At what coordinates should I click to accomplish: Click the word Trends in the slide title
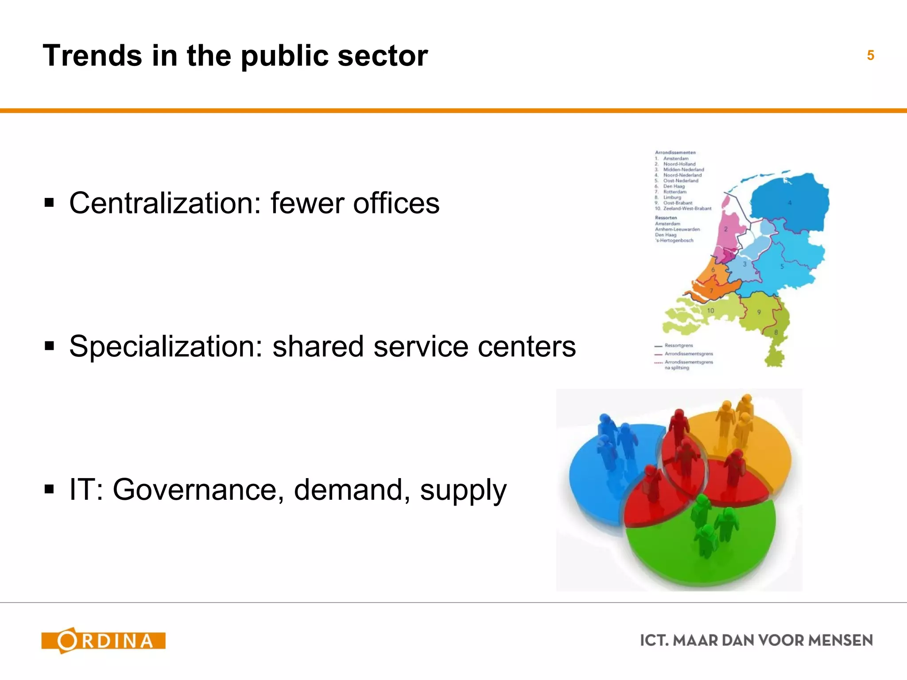coord(92,56)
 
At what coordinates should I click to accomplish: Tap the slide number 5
coord(870,55)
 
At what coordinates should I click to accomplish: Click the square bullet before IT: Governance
coord(49,490)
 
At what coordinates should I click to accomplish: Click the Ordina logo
coord(103,641)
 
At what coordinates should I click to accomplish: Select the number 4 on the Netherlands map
coord(790,203)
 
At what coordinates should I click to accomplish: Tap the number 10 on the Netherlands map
coord(710,311)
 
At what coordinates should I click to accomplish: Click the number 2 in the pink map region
coord(726,229)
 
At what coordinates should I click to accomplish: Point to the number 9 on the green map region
coord(759,312)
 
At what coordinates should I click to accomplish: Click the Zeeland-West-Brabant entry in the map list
coord(687,209)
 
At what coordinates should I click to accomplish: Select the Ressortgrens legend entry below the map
coord(678,345)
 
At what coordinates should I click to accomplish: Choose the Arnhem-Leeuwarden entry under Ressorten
coord(677,229)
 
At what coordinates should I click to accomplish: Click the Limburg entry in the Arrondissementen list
coord(672,197)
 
